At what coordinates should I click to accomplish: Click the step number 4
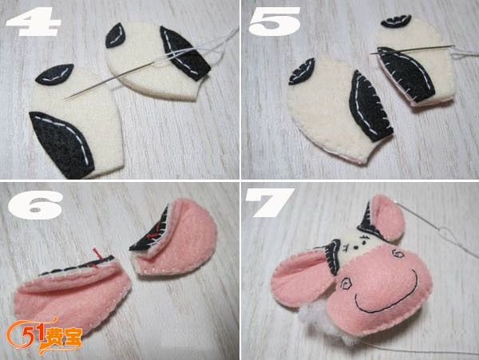[34, 22]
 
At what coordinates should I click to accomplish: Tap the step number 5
[275, 21]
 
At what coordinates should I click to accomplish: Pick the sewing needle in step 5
[413, 49]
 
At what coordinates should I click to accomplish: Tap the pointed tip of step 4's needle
[65, 99]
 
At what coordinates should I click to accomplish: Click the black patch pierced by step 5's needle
[405, 73]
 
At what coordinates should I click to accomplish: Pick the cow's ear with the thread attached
[386, 219]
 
